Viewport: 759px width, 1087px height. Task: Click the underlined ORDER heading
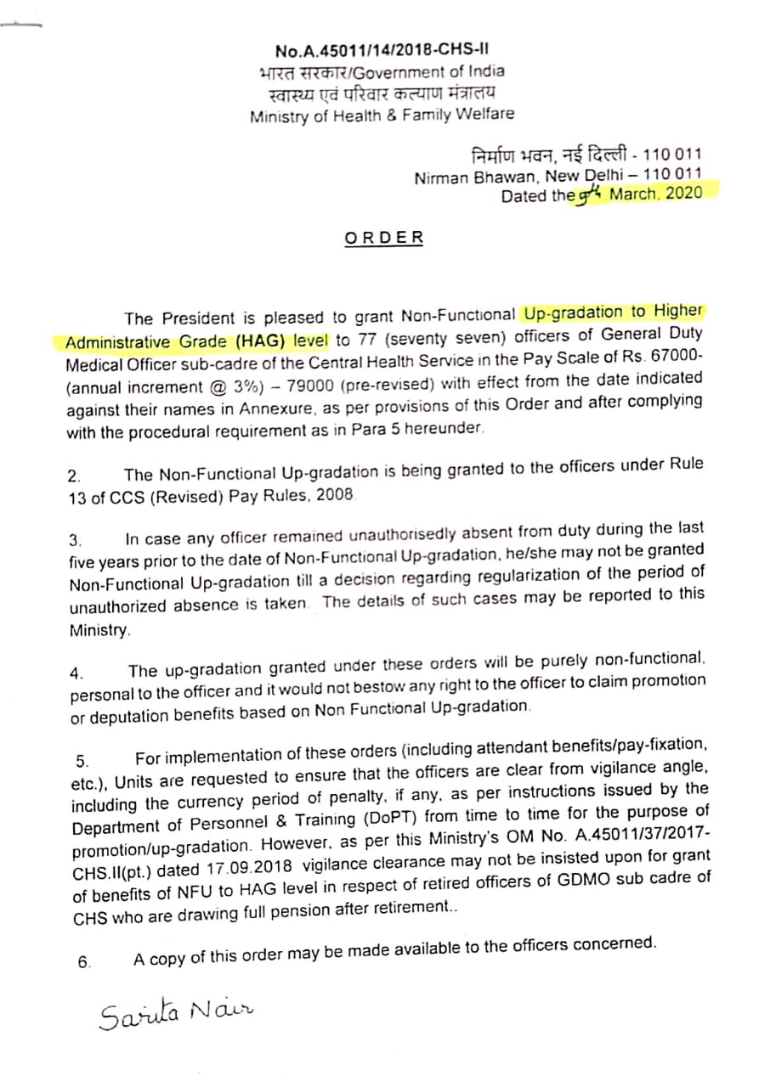click(383, 238)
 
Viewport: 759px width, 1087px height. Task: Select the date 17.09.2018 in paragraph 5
click(246, 869)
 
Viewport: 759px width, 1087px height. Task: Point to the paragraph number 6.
click(83, 962)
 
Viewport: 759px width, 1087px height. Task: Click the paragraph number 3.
click(76, 540)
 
